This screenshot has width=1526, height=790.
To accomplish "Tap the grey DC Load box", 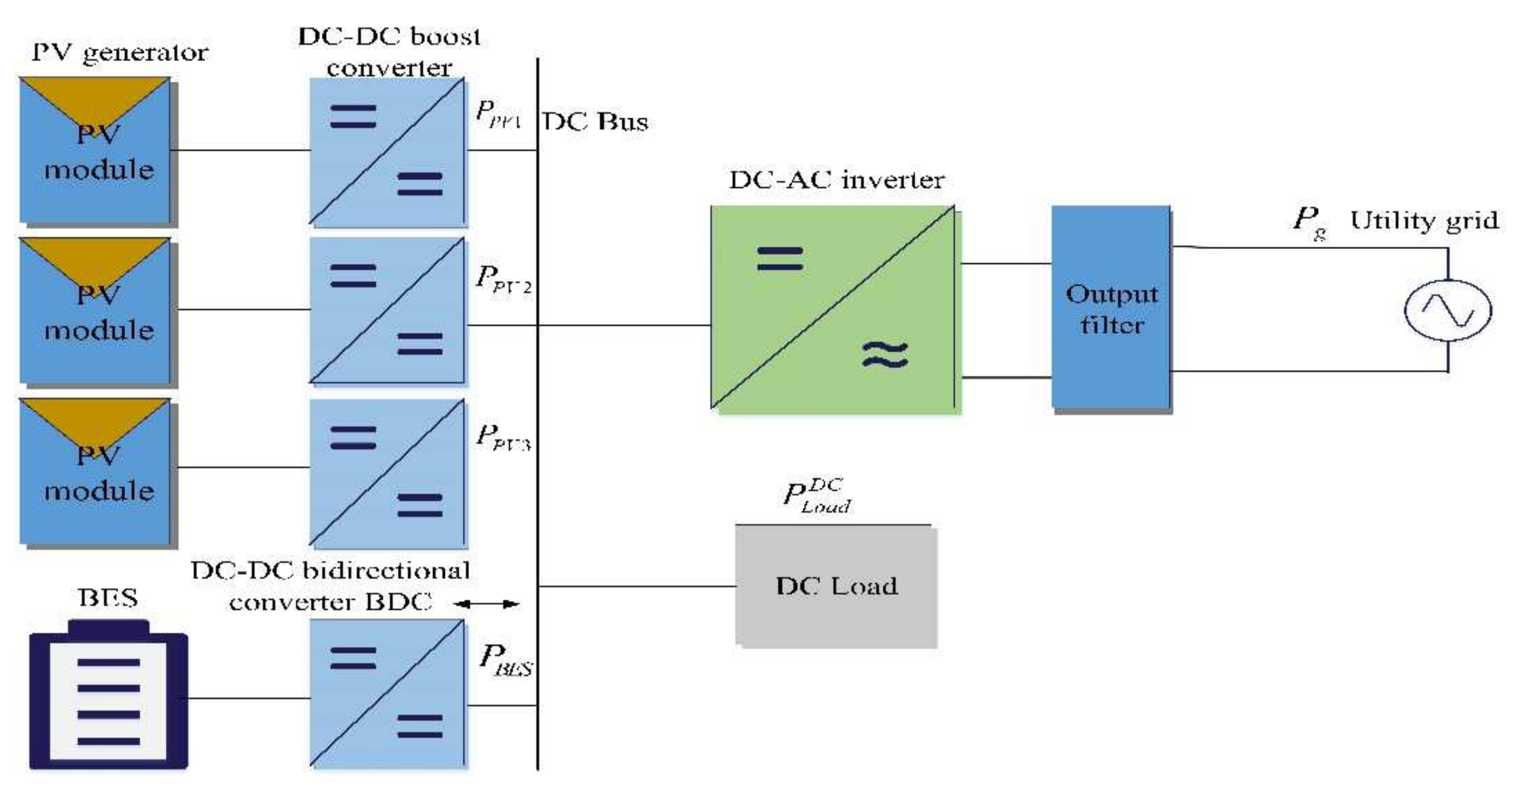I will [836, 586].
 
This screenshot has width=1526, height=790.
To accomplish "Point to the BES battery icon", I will [108, 696].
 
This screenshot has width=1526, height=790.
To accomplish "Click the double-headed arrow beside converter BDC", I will [486, 604].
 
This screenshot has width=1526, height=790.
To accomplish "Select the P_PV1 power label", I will [498, 114].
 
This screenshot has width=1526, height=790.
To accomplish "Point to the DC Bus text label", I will [595, 122].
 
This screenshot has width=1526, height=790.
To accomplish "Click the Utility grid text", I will [1424, 221].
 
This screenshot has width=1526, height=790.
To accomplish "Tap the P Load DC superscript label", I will [817, 496].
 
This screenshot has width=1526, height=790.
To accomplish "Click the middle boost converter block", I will [387, 310].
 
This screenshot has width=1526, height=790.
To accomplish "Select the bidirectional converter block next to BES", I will [387, 693].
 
